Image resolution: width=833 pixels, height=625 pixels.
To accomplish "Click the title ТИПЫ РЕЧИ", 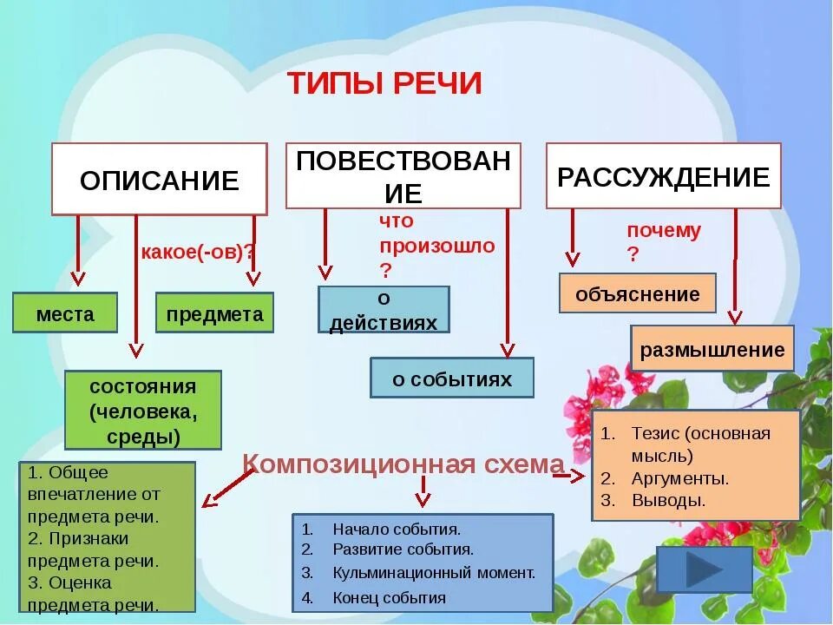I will coord(384,83).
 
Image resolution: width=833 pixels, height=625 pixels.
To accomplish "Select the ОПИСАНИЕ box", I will coord(159,180).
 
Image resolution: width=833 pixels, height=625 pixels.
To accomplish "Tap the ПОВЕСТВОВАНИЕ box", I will coord(403,176).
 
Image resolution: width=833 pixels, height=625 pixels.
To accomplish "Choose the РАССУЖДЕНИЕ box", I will coord(663,177).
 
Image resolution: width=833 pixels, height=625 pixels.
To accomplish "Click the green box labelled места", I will coord(65,313).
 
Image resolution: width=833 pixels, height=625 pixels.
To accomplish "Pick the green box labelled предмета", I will coord(214,313).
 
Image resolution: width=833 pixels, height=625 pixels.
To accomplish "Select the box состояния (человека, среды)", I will coord(143,411).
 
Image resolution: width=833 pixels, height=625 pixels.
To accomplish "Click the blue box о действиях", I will coord(384,310).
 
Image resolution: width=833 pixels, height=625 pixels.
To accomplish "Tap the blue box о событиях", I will coord(452,378).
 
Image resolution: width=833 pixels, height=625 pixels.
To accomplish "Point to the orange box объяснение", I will coord(637,293).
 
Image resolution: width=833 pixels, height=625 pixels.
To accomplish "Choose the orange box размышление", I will coord(712,350).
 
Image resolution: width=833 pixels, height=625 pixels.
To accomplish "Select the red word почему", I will coord(664,230).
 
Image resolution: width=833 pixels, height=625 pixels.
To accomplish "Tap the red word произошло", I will coord(436,245).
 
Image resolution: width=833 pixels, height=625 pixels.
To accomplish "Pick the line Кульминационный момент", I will coord(434,573).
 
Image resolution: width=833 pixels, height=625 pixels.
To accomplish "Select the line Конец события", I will coord(389,597).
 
